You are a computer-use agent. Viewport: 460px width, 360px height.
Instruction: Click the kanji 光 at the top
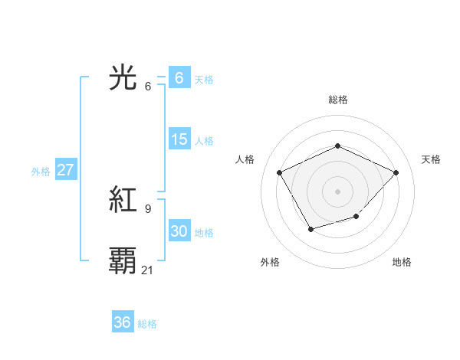tap(123, 78)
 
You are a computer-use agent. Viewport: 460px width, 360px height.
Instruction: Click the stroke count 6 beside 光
tap(147, 86)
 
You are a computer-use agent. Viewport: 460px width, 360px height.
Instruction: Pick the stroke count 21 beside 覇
tap(148, 270)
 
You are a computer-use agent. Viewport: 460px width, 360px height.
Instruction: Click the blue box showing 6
tap(179, 77)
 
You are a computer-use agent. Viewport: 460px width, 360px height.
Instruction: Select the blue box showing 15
tap(179, 139)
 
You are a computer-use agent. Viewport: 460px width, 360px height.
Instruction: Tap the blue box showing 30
tap(179, 231)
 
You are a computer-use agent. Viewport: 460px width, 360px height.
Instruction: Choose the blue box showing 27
tap(65, 170)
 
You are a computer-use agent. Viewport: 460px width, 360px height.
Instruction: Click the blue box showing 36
tap(122, 322)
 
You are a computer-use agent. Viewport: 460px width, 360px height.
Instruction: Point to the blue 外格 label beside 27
tap(41, 172)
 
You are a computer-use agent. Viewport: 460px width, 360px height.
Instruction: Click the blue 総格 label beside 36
tap(147, 324)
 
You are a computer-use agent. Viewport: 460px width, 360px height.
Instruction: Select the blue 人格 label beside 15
tap(204, 141)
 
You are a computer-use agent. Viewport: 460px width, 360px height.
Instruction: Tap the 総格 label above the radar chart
tap(337, 100)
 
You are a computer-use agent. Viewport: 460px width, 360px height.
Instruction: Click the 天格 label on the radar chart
tap(432, 159)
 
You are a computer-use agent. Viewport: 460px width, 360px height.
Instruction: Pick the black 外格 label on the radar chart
tap(270, 262)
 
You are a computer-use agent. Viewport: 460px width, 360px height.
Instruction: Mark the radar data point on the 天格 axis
tap(396, 172)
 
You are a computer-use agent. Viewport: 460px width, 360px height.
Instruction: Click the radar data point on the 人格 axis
tap(280, 172)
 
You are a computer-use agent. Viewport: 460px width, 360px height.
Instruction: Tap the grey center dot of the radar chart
tap(337, 191)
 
